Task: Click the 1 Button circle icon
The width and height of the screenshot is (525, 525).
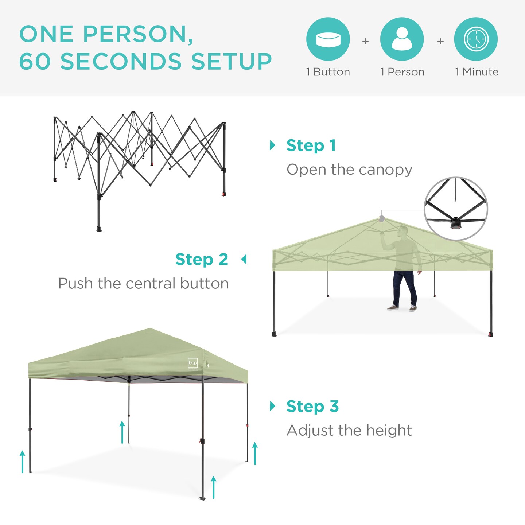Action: pos(328,39)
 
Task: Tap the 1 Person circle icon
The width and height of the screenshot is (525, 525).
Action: pos(402,39)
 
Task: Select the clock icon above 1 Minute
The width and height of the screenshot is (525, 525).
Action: pos(476,39)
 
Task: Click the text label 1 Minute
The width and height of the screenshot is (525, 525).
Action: pos(477,72)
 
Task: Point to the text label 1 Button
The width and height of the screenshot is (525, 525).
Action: pos(328,72)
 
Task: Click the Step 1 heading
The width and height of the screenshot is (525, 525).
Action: pos(311,145)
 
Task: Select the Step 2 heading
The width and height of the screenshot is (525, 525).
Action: pos(202,260)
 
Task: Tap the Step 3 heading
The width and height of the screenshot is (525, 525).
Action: pos(312,406)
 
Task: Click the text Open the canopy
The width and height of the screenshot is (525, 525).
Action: pos(349,170)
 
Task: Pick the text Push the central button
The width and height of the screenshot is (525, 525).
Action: pos(143,283)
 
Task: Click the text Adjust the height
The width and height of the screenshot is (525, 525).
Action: pos(349,430)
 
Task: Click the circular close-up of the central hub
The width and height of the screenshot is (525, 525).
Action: pos(456,209)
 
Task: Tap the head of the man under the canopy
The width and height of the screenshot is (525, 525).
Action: pos(403,230)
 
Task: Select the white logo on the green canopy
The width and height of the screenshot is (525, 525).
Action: pos(192,363)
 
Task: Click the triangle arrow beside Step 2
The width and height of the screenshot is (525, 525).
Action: pos(244,260)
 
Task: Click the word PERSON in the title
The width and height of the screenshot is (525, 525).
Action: pos(138,34)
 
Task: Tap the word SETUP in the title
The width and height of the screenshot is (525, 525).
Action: pos(232,61)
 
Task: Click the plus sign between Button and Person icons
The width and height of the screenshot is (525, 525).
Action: pos(365,41)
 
